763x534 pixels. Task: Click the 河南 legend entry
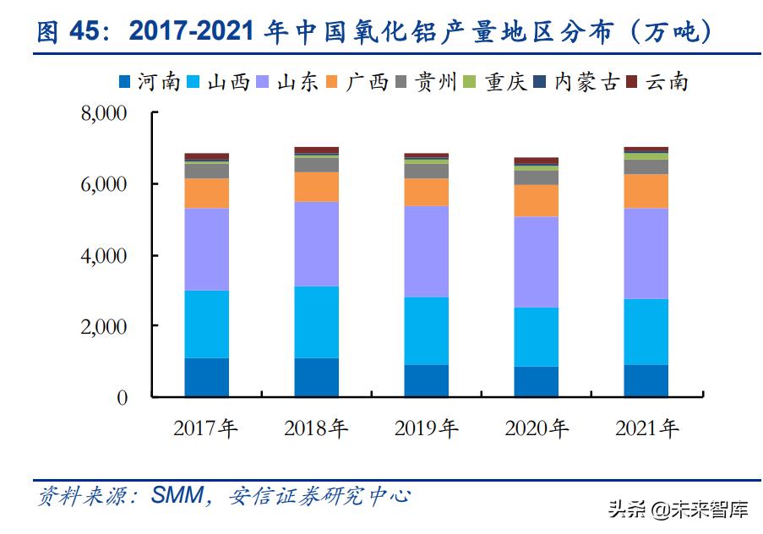[150, 82]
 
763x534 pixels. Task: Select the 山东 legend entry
[288, 82]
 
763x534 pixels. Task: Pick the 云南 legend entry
[658, 82]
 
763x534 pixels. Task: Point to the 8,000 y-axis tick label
[103, 113]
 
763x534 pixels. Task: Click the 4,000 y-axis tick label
[103, 255]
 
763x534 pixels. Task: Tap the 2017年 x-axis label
[206, 428]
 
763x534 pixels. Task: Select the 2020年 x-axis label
[537, 428]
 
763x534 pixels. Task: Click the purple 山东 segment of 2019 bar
[426, 251]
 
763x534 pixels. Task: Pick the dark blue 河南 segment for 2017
[206, 377]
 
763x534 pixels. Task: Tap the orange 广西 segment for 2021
[646, 191]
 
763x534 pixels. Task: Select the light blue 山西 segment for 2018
[316, 322]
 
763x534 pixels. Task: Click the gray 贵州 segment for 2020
[536, 177]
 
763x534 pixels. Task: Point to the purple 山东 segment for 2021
[646, 253]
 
